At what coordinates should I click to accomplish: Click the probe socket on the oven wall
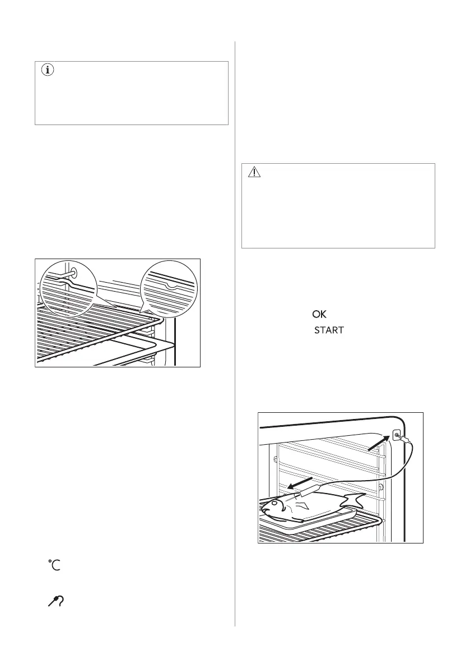397,435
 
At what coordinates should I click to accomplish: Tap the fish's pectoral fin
304,507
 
